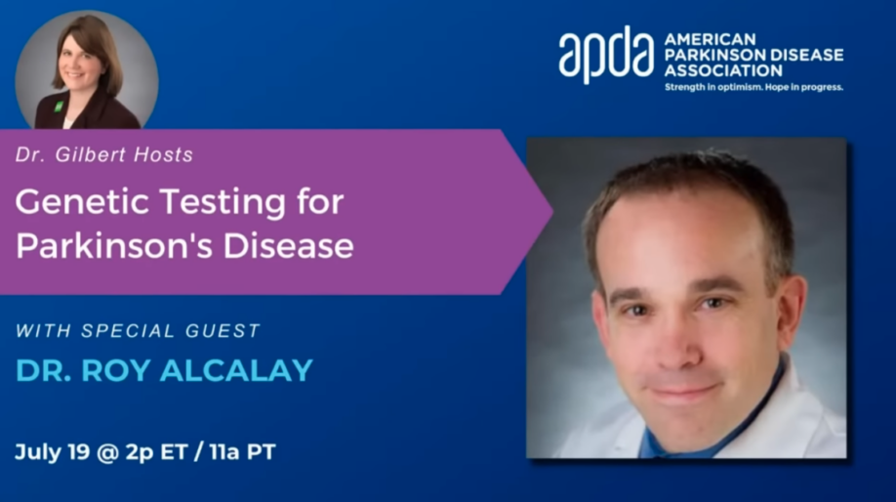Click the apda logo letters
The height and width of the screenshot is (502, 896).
pyautogui.click(x=605, y=57)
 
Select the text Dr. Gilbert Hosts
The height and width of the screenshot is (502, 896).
pyautogui.click(x=103, y=154)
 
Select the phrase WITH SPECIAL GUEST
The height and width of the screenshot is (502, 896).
pyautogui.click(x=138, y=330)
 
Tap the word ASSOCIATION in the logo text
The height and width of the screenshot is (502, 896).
pyautogui.click(x=722, y=70)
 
